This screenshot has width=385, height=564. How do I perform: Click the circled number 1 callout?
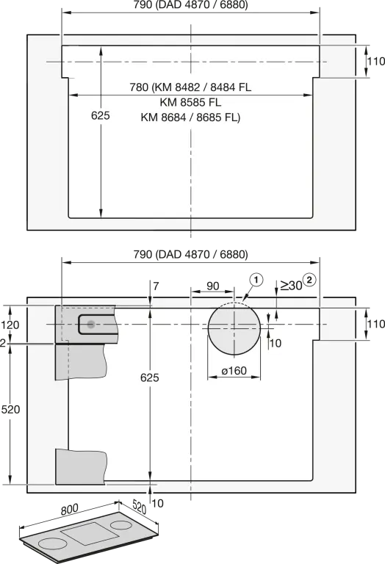(x=256, y=280)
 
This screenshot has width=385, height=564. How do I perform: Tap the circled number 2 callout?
(x=309, y=280)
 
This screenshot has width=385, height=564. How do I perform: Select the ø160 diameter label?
(x=234, y=370)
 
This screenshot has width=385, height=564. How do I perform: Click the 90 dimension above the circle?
(x=212, y=286)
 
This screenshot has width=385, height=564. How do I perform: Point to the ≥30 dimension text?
(x=291, y=286)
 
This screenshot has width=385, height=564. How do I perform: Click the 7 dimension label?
(x=156, y=286)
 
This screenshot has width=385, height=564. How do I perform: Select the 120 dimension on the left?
(x=10, y=325)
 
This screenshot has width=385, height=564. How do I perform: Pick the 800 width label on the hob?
(x=70, y=510)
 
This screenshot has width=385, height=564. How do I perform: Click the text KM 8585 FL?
(x=191, y=103)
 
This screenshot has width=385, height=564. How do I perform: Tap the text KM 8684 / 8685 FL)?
(x=190, y=117)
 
